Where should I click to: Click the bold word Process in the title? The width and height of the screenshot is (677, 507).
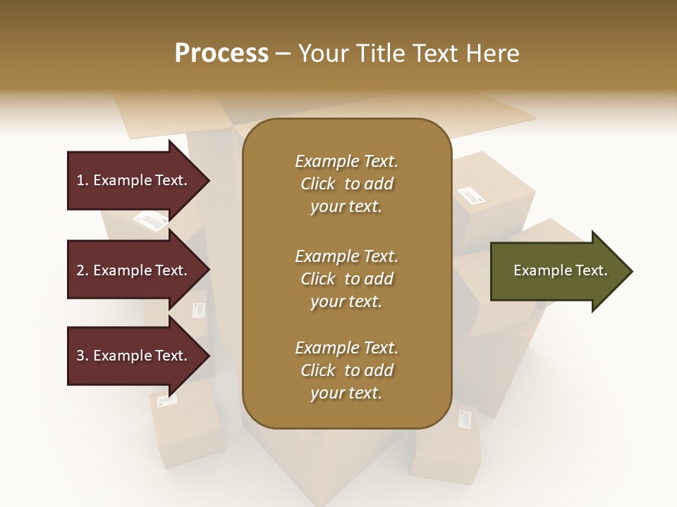point(221,54)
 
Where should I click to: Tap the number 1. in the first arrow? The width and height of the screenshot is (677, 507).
point(83,180)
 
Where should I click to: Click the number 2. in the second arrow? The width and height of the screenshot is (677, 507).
point(83,270)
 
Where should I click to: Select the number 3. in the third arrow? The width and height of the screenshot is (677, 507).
point(83,356)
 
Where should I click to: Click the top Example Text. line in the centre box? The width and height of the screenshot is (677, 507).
point(346,161)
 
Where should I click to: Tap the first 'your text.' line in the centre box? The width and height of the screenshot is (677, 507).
point(346,206)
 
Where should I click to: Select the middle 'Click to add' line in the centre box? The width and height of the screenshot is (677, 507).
point(346,279)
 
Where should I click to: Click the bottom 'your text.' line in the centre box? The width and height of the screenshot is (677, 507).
point(346,393)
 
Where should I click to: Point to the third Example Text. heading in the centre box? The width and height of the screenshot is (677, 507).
point(346,348)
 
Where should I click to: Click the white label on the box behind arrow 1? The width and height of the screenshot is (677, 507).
point(151,220)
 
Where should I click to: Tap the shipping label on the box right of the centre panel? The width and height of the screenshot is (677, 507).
point(470,195)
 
